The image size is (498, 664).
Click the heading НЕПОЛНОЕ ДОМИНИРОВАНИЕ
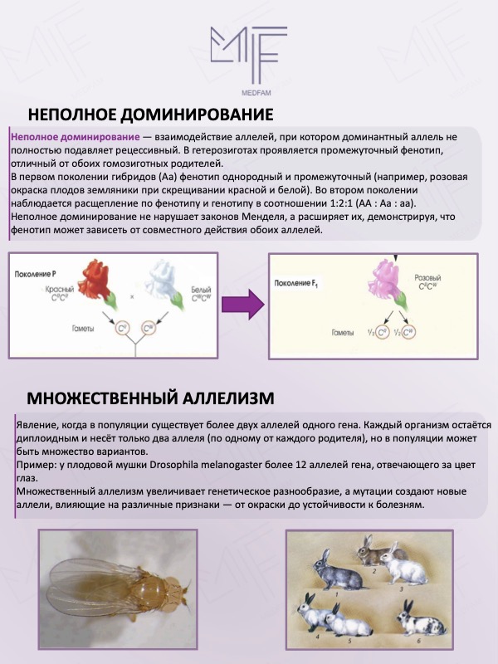click(x=150, y=114)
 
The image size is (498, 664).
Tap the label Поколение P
click(x=36, y=272)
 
